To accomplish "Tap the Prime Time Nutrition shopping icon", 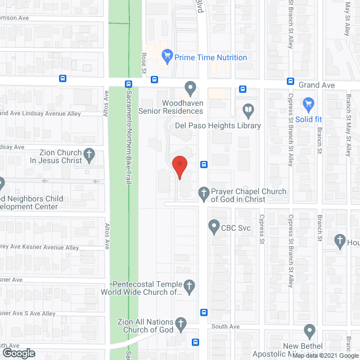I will [166, 56].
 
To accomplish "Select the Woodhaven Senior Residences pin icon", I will [191, 88].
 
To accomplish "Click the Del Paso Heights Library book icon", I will [247, 109].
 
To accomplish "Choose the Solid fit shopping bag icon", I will [308, 103].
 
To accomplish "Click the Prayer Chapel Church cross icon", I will [204, 195].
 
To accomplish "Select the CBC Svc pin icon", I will [214, 227].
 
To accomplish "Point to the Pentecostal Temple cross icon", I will [190, 286].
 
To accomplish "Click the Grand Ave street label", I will [316, 85].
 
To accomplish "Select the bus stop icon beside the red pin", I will [204, 165].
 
